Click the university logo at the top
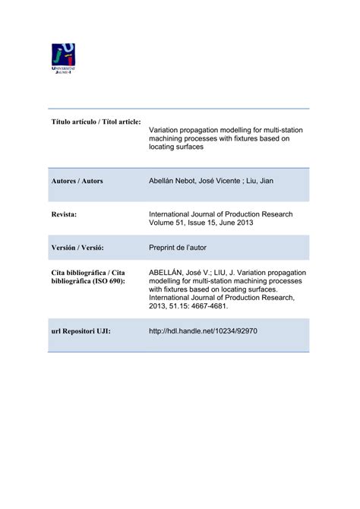[x=64, y=58]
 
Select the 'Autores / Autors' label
[x=77, y=182]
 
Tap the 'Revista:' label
[x=65, y=215]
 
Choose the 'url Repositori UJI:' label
[x=81, y=331]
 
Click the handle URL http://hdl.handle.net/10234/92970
[x=204, y=331]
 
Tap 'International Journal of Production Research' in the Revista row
[x=220, y=214]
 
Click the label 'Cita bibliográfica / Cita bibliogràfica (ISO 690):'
[x=87, y=277]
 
